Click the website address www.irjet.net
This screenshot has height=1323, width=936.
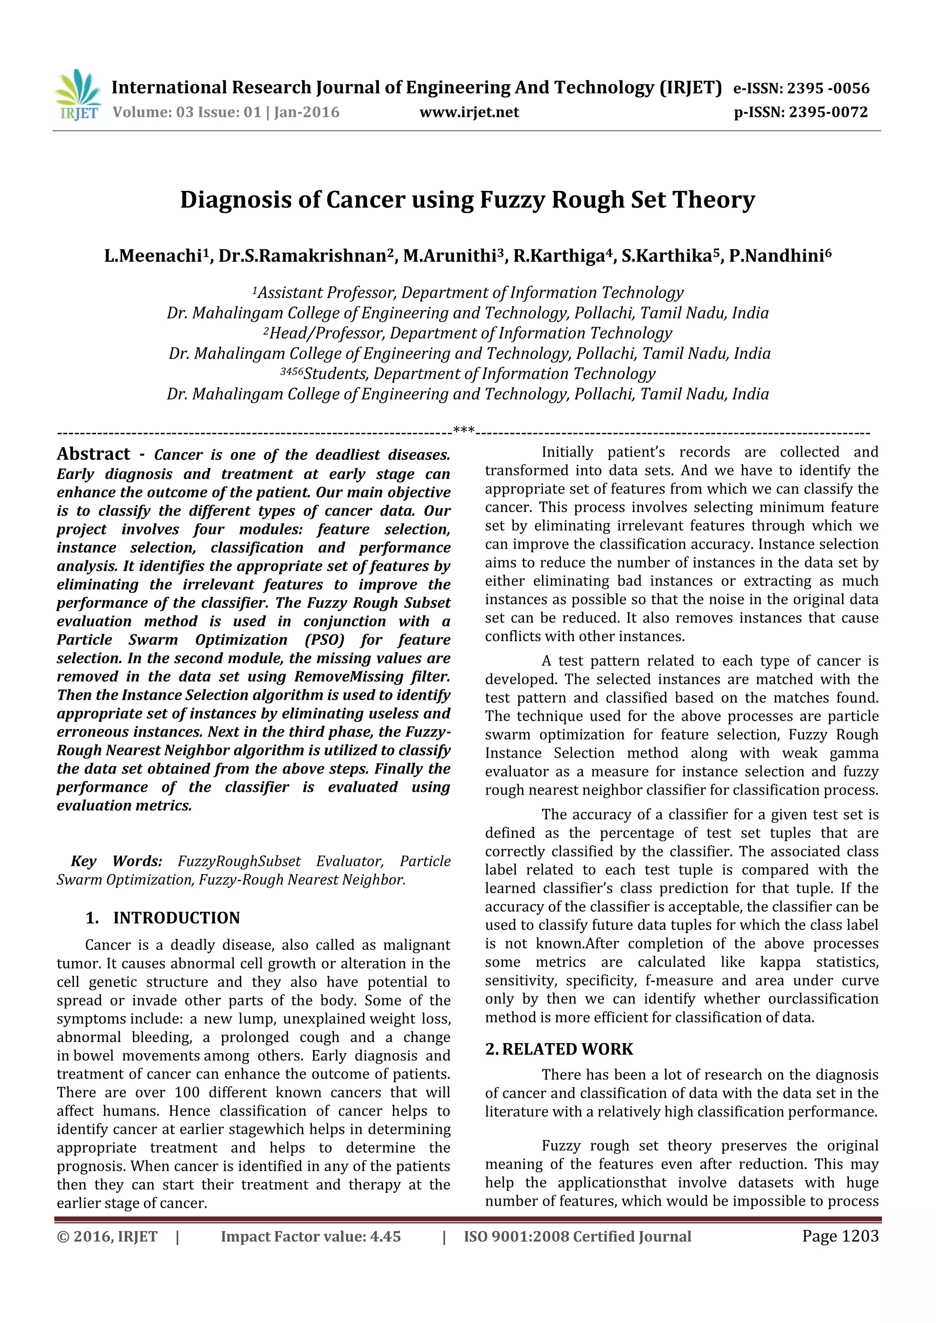tap(469, 112)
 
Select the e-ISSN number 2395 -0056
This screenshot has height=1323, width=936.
tap(828, 88)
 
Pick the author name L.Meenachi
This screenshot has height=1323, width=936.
tap(152, 256)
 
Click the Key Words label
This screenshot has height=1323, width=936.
tap(117, 861)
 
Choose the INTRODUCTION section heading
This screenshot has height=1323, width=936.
tap(176, 918)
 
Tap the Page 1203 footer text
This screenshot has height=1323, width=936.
tap(840, 1236)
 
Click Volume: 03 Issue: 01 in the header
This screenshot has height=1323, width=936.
tap(186, 112)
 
